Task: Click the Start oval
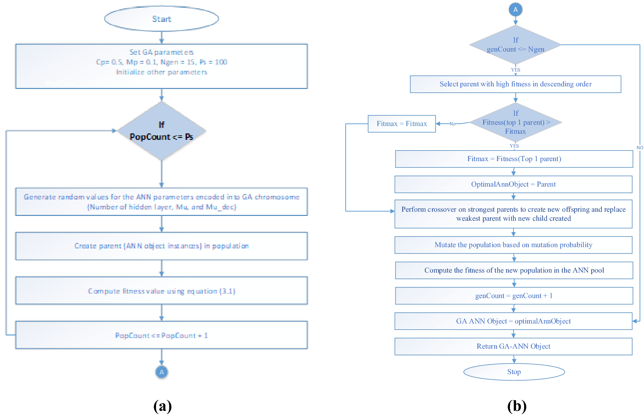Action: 161,19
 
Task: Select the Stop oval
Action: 514,372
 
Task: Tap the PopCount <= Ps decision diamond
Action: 161,131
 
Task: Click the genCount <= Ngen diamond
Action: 515,45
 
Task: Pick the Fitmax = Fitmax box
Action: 402,124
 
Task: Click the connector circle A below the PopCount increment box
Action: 161,372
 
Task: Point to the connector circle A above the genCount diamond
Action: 515,10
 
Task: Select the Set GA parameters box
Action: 161,66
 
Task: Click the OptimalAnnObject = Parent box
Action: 513,184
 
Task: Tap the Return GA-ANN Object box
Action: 513,346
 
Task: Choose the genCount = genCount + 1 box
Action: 514,296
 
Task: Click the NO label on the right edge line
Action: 639,148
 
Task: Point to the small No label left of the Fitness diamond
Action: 452,124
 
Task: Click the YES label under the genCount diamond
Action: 515,70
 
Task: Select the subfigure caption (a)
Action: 162,406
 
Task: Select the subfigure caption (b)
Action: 517,406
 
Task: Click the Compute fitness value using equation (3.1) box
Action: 161,291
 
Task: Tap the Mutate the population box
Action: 513,245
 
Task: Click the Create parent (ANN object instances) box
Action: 161,246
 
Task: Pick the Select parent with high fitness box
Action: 515,84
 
